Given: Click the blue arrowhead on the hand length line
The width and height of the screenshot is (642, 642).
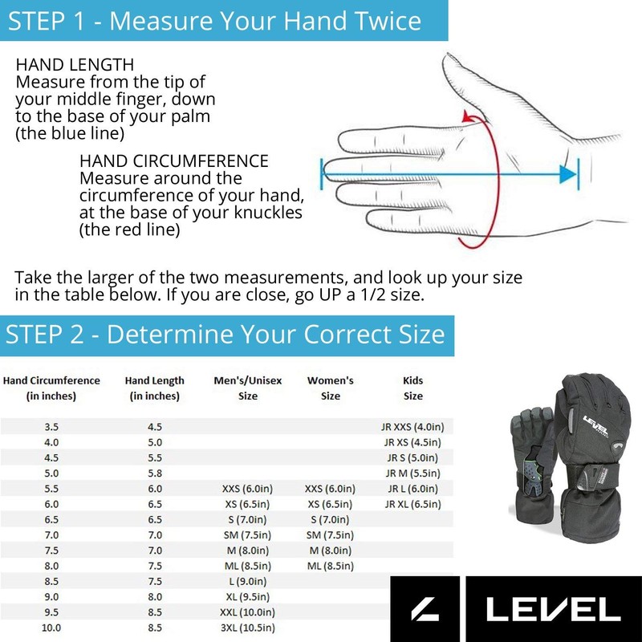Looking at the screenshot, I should (568, 173).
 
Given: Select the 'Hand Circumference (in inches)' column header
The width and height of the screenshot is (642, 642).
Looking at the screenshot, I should (51, 388).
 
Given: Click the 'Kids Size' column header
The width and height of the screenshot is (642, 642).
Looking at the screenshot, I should (412, 388).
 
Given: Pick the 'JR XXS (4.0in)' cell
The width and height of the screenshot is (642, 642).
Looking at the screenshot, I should (412, 427).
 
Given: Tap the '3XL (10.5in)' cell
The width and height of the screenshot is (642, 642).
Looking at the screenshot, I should (248, 627).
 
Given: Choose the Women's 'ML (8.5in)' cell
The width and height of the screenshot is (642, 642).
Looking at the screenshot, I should (330, 566).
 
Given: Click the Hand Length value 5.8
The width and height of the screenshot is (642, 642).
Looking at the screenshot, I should (155, 473).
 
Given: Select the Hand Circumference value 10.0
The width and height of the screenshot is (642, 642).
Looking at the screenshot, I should (51, 627).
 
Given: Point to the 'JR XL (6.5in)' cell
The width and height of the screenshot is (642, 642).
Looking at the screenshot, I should (412, 504).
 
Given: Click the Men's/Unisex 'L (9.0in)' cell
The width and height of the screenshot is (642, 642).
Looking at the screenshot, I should (248, 581).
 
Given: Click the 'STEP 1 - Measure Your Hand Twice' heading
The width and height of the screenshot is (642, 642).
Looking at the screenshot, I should (213, 20).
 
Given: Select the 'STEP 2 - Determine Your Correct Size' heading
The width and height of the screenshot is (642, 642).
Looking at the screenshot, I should (225, 333).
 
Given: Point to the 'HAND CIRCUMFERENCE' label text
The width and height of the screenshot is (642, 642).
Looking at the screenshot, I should (173, 160).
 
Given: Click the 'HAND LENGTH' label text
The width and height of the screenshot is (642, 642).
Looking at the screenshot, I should (75, 64).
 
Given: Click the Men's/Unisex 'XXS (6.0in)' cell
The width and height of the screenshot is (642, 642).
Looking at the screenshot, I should (248, 489).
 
